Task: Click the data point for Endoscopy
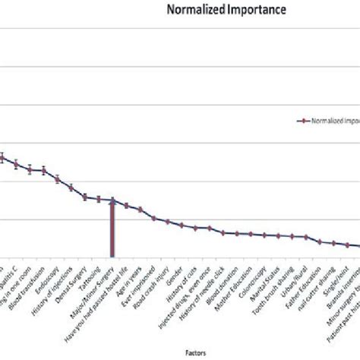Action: [57, 179]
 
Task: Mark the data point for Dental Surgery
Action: [85, 197]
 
